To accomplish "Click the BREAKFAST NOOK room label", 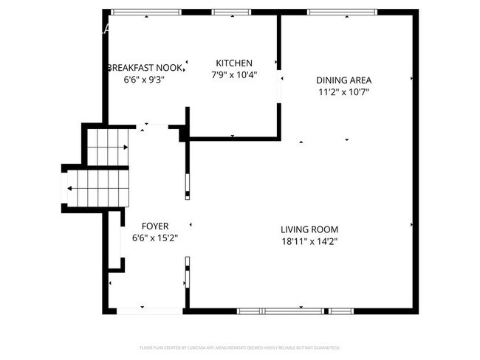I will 144,67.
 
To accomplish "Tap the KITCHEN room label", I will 234,63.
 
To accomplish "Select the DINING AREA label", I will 343,80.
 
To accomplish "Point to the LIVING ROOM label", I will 309,229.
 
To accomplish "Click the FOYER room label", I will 155,226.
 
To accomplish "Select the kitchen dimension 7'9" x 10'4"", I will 234,75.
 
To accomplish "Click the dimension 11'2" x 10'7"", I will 343,92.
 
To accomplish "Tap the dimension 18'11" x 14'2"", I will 309,240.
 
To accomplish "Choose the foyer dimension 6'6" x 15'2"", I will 155,238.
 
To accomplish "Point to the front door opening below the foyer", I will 151,311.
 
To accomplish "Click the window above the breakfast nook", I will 139,12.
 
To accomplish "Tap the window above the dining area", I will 329,12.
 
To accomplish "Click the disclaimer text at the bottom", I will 239,347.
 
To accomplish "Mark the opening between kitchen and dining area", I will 279,86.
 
